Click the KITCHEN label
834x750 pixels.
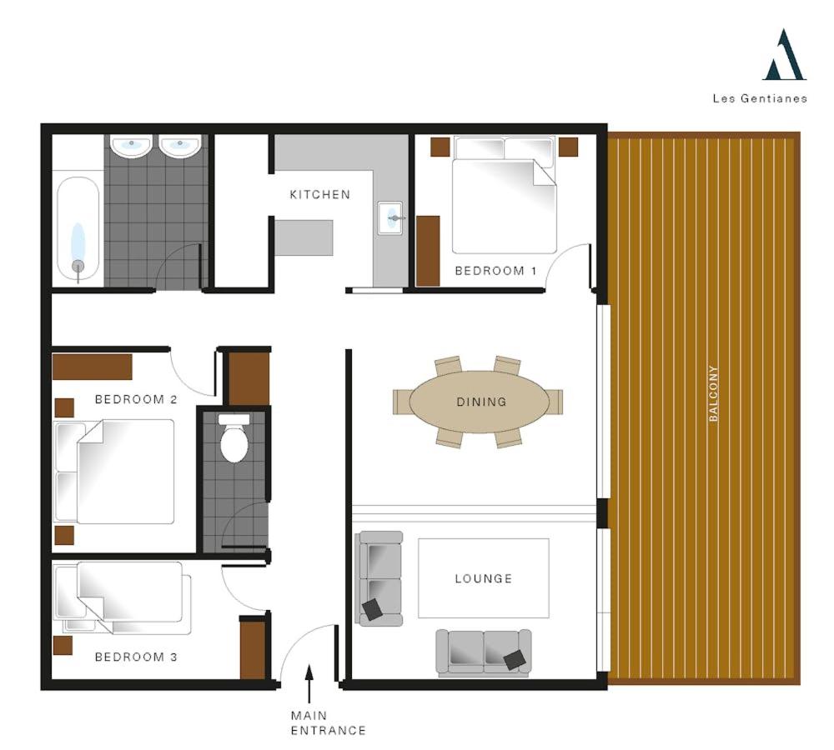(x=320, y=194)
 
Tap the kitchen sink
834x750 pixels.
(x=389, y=218)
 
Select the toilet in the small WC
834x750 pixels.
(x=234, y=438)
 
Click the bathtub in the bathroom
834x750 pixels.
(x=78, y=228)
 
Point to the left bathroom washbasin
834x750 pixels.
(x=131, y=146)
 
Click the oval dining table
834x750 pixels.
(x=480, y=402)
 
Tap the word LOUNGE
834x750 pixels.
(x=484, y=578)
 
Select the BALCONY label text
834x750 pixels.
(x=714, y=393)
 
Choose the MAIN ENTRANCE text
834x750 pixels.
(x=328, y=722)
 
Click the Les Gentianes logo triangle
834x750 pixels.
(x=785, y=55)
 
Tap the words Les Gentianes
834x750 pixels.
(x=760, y=98)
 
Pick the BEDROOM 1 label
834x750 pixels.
(x=495, y=271)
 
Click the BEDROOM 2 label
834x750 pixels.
(x=136, y=399)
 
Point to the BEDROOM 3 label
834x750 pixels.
(x=136, y=657)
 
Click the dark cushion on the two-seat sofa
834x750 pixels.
(x=515, y=660)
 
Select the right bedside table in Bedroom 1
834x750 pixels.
(x=568, y=147)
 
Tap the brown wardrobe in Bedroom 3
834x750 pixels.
(x=253, y=647)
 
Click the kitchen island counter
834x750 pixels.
(x=304, y=237)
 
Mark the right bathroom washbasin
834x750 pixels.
(x=180, y=146)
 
